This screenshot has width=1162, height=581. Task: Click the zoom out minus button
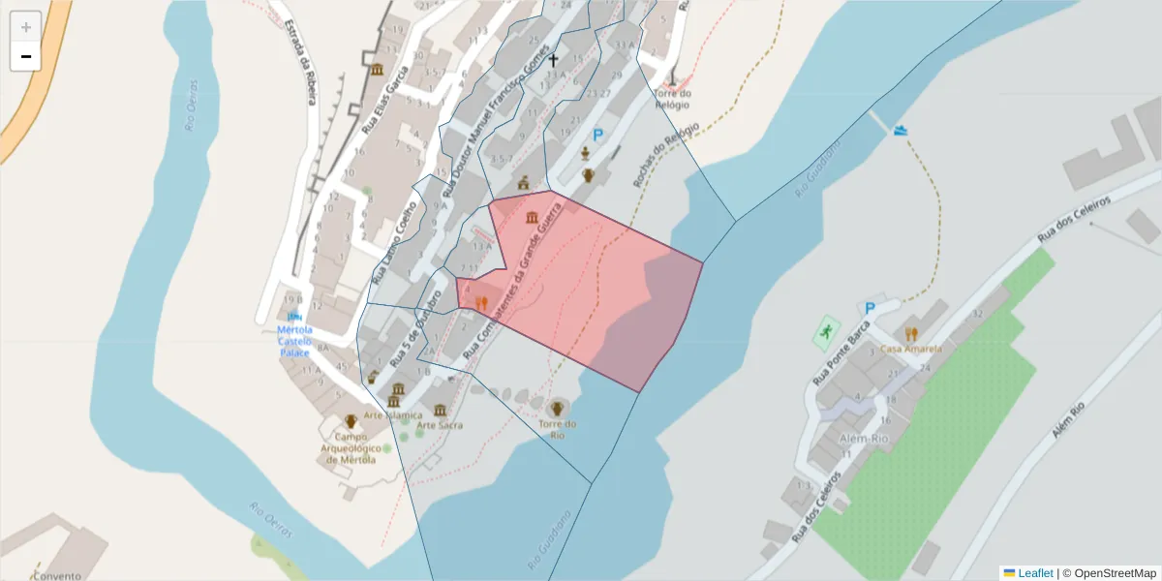tap(26, 56)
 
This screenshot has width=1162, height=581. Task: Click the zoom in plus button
tap(26, 27)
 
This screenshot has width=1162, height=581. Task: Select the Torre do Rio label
tap(558, 430)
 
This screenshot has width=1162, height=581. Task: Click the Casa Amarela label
tap(910, 349)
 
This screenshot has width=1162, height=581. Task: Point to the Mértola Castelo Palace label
tap(294, 341)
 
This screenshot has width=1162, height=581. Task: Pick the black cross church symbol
tap(554, 60)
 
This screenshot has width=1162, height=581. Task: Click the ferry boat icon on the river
tap(902, 130)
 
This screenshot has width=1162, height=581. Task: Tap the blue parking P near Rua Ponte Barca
tap(869, 309)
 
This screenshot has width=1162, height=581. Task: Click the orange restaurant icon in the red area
tap(480, 302)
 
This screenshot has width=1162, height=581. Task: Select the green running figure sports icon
tap(825, 332)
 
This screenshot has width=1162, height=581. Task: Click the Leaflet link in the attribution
tap(1035, 573)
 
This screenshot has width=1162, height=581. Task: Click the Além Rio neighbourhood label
tap(864, 439)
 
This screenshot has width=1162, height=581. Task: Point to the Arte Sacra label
tap(440, 425)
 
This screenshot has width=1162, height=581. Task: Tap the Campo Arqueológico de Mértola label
tap(351, 447)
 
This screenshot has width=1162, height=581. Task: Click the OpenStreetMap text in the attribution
tap(1115, 573)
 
